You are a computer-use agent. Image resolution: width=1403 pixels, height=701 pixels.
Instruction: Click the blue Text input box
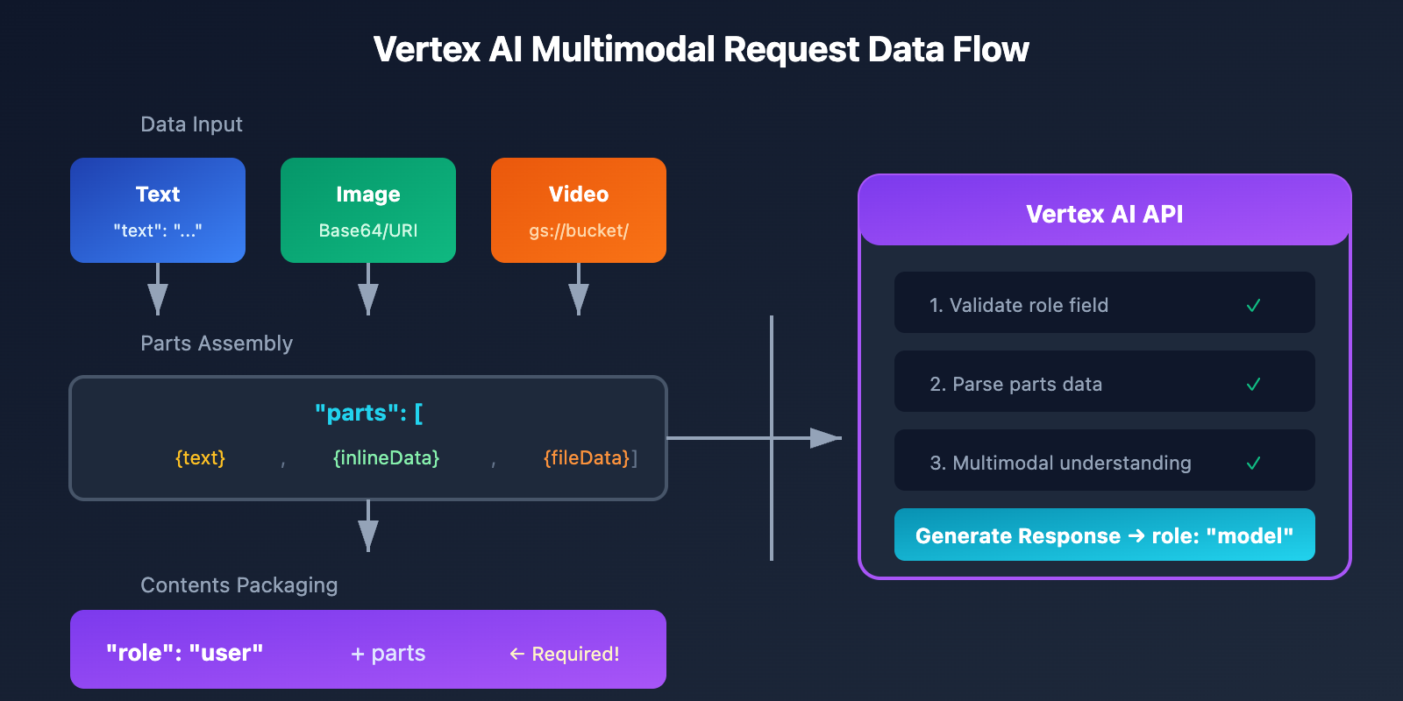[158, 210]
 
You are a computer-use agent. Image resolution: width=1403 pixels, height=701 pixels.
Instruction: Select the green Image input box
[368, 210]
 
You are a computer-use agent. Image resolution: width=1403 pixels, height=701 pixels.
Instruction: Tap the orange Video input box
[579, 210]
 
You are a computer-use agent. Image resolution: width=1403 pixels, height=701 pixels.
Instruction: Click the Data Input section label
[191, 124]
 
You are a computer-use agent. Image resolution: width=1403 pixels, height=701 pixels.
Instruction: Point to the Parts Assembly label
[217, 343]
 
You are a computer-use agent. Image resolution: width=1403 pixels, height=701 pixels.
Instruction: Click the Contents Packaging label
[239, 585]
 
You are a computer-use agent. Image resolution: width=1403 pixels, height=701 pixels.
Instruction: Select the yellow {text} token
[200, 458]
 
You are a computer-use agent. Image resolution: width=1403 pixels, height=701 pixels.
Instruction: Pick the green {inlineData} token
[386, 458]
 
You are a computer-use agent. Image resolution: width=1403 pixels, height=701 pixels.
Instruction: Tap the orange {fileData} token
[587, 458]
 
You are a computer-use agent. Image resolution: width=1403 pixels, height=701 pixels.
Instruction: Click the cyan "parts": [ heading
[368, 413]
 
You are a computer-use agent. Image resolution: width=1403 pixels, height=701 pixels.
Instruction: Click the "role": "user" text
[184, 653]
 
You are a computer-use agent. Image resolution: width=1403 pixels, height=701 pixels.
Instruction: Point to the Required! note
[565, 655]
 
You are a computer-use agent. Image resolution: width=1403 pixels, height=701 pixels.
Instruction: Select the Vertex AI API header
[1104, 214]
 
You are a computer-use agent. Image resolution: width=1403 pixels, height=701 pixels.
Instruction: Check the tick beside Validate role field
[1253, 306]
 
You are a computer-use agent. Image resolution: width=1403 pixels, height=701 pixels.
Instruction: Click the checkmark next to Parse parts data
[1253, 385]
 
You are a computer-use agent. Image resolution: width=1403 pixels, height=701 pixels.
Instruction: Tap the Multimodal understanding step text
[1060, 463]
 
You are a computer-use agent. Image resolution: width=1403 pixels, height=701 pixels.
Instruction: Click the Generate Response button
[1104, 535]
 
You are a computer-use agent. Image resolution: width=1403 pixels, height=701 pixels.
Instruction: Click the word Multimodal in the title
[624, 50]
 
